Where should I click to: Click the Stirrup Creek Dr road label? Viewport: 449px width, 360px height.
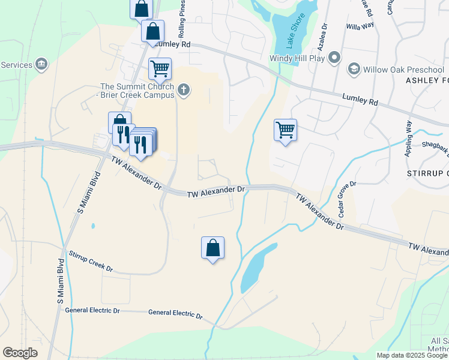coord(91,262)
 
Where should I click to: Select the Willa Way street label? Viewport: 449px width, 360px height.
coord(360,26)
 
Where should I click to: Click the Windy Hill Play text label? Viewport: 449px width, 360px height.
coord(298,58)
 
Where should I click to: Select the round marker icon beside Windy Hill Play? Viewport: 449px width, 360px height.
coord(335,58)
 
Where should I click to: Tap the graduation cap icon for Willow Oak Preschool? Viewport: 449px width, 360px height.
coord(354,69)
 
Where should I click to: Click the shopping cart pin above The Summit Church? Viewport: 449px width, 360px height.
coord(160,69)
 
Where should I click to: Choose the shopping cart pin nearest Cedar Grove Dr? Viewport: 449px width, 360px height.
coord(285,130)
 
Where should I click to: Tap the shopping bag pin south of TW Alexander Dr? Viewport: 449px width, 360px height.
coord(212,248)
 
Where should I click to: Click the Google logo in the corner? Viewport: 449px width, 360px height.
coord(20,353)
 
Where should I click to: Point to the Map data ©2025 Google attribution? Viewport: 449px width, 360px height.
coord(412,355)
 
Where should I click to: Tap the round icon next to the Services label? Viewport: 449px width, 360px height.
coord(41,65)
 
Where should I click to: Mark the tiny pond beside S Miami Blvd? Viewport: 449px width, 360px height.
coord(92,226)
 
